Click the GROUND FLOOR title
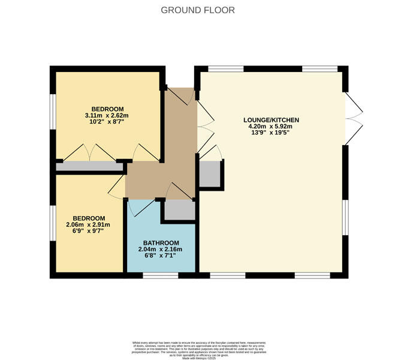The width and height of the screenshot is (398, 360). click(x=198, y=10)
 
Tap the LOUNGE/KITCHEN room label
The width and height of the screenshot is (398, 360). click(x=273, y=120)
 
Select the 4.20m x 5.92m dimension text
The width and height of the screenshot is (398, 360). click(x=273, y=127)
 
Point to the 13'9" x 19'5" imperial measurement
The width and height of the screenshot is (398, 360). click(x=273, y=134)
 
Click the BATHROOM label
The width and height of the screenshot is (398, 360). click(x=161, y=242)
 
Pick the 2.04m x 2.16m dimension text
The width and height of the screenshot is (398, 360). click(x=161, y=250)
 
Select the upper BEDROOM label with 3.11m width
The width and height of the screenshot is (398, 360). click(x=107, y=109)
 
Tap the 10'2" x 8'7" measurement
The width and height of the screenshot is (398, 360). click(x=107, y=122)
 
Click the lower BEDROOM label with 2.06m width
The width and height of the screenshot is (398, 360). click(x=89, y=218)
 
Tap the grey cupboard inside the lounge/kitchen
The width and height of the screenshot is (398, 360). click(x=210, y=175)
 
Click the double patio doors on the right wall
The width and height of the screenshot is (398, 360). click(x=354, y=118)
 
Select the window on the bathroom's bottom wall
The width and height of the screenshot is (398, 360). click(x=160, y=275)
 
